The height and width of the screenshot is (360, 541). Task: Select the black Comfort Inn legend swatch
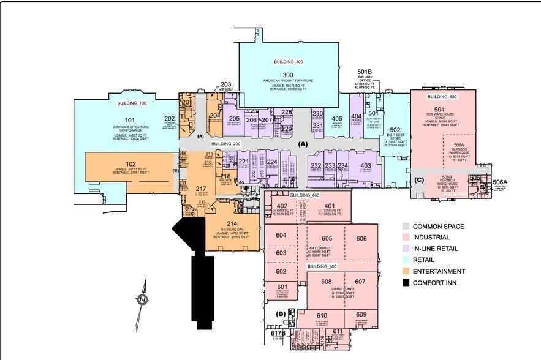click(x=406, y=282)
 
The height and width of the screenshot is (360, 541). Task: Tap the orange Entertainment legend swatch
click(x=406, y=271)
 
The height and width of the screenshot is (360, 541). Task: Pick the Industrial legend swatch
click(x=406, y=238)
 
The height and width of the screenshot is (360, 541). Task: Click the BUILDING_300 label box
click(x=288, y=62)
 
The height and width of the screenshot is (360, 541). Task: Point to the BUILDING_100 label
click(x=132, y=103)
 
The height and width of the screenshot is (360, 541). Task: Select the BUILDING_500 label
click(x=443, y=97)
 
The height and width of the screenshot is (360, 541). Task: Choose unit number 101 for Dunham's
click(x=129, y=120)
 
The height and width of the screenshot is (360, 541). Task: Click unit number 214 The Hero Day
click(x=232, y=224)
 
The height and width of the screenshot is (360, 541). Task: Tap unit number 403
click(x=366, y=165)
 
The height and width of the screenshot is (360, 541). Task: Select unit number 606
click(x=361, y=238)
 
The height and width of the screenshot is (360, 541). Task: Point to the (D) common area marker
click(x=281, y=314)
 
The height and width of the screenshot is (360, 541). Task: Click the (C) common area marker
click(x=420, y=179)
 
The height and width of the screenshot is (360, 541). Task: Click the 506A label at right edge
click(x=501, y=182)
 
